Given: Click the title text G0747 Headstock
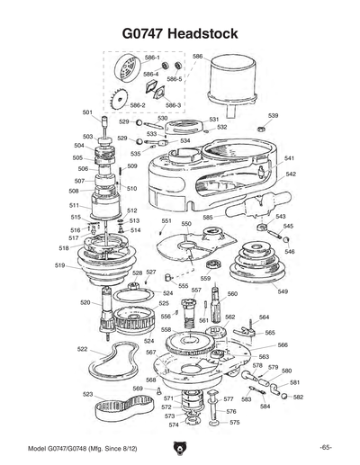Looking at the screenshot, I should click(x=179, y=33).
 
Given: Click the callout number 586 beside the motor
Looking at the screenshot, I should click(x=198, y=57).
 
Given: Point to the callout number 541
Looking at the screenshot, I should click(x=290, y=158).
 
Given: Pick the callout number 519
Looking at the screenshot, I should click(x=59, y=265).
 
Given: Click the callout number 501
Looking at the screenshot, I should click(x=87, y=112).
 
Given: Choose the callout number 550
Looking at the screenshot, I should click(x=186, y=223).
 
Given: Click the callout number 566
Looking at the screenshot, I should click(x=283, y=344).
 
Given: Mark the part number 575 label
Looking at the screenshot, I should click(x=233, y=422).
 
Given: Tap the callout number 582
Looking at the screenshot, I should click(x=299, y=397).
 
